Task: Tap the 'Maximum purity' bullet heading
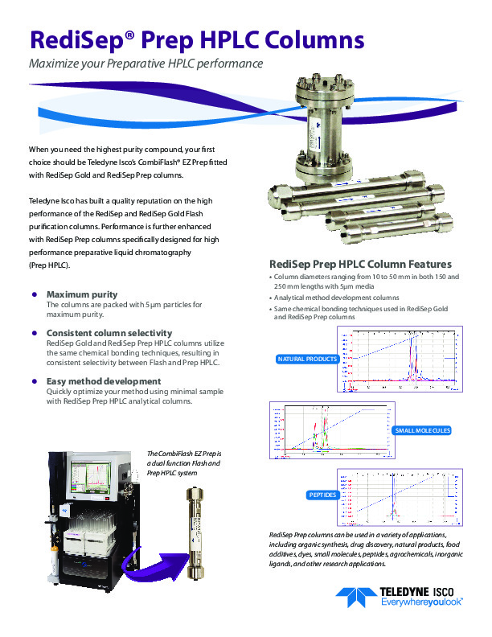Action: click(82, 294)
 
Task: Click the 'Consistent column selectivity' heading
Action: click(109, 333)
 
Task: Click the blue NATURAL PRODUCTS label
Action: click(306, 359)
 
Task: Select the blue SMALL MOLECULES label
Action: click(422, 431)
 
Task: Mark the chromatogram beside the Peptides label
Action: click(400, 498)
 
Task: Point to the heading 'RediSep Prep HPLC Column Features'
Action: click(360, 265)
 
